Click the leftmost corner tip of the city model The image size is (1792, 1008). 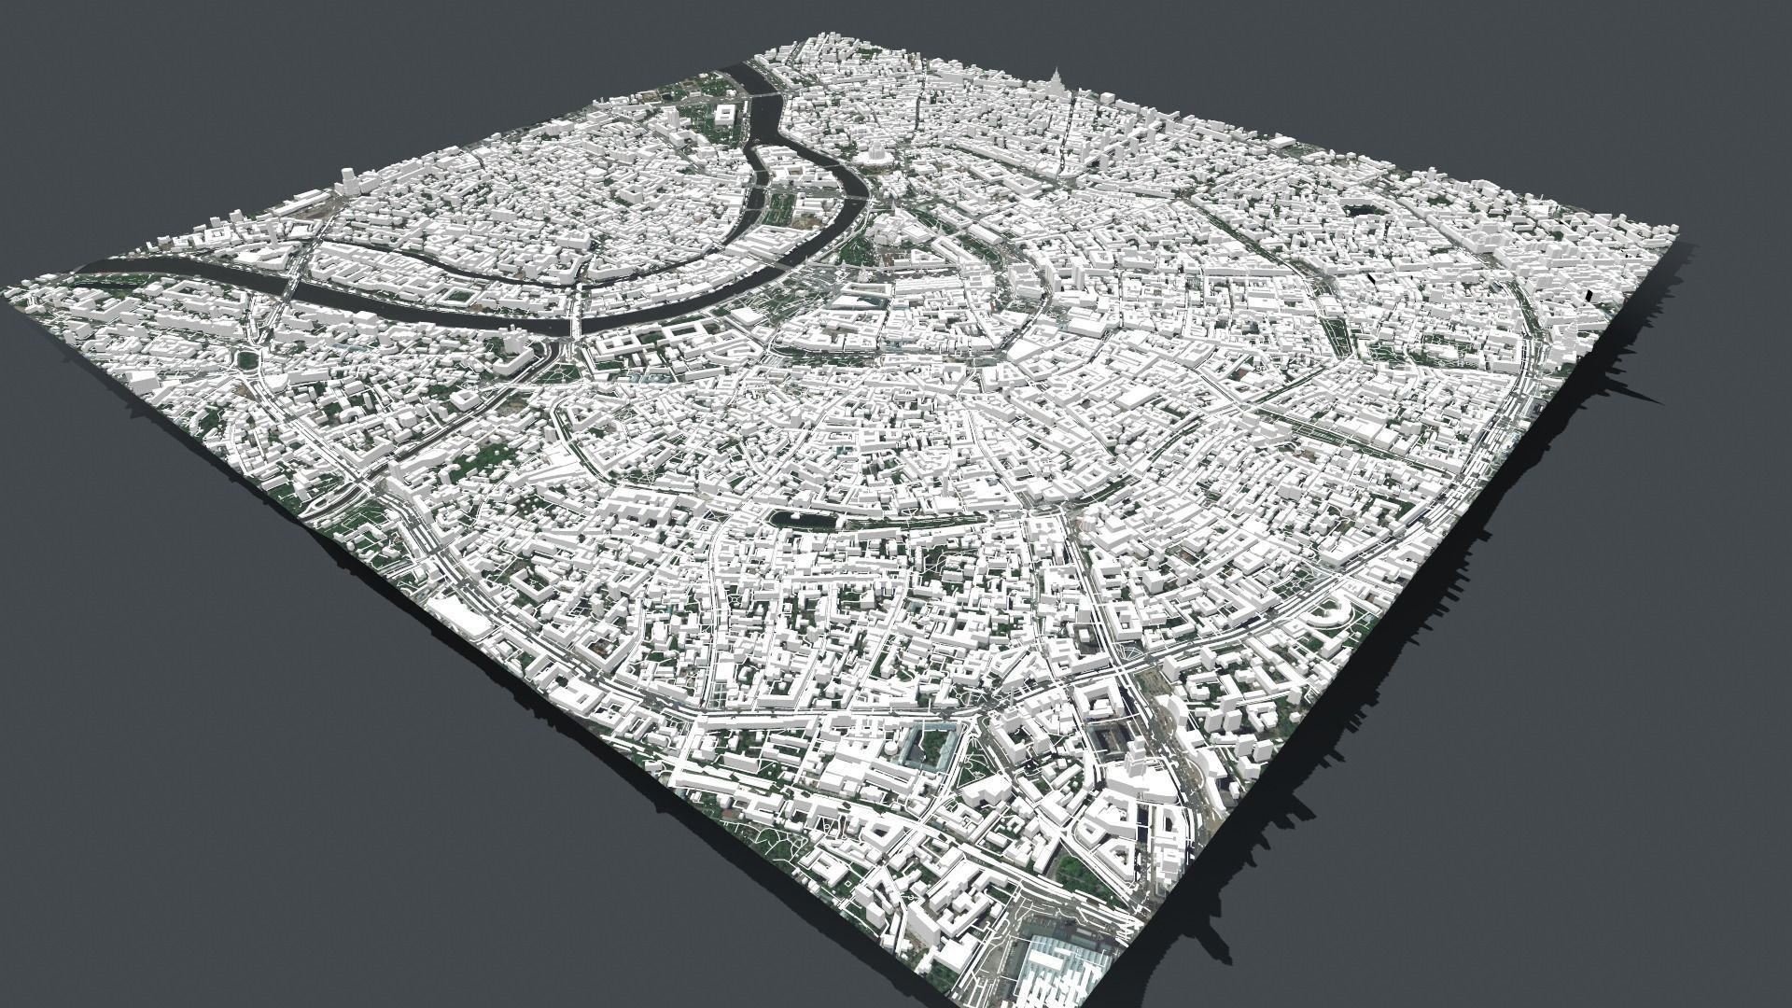(x=7, y=291)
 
